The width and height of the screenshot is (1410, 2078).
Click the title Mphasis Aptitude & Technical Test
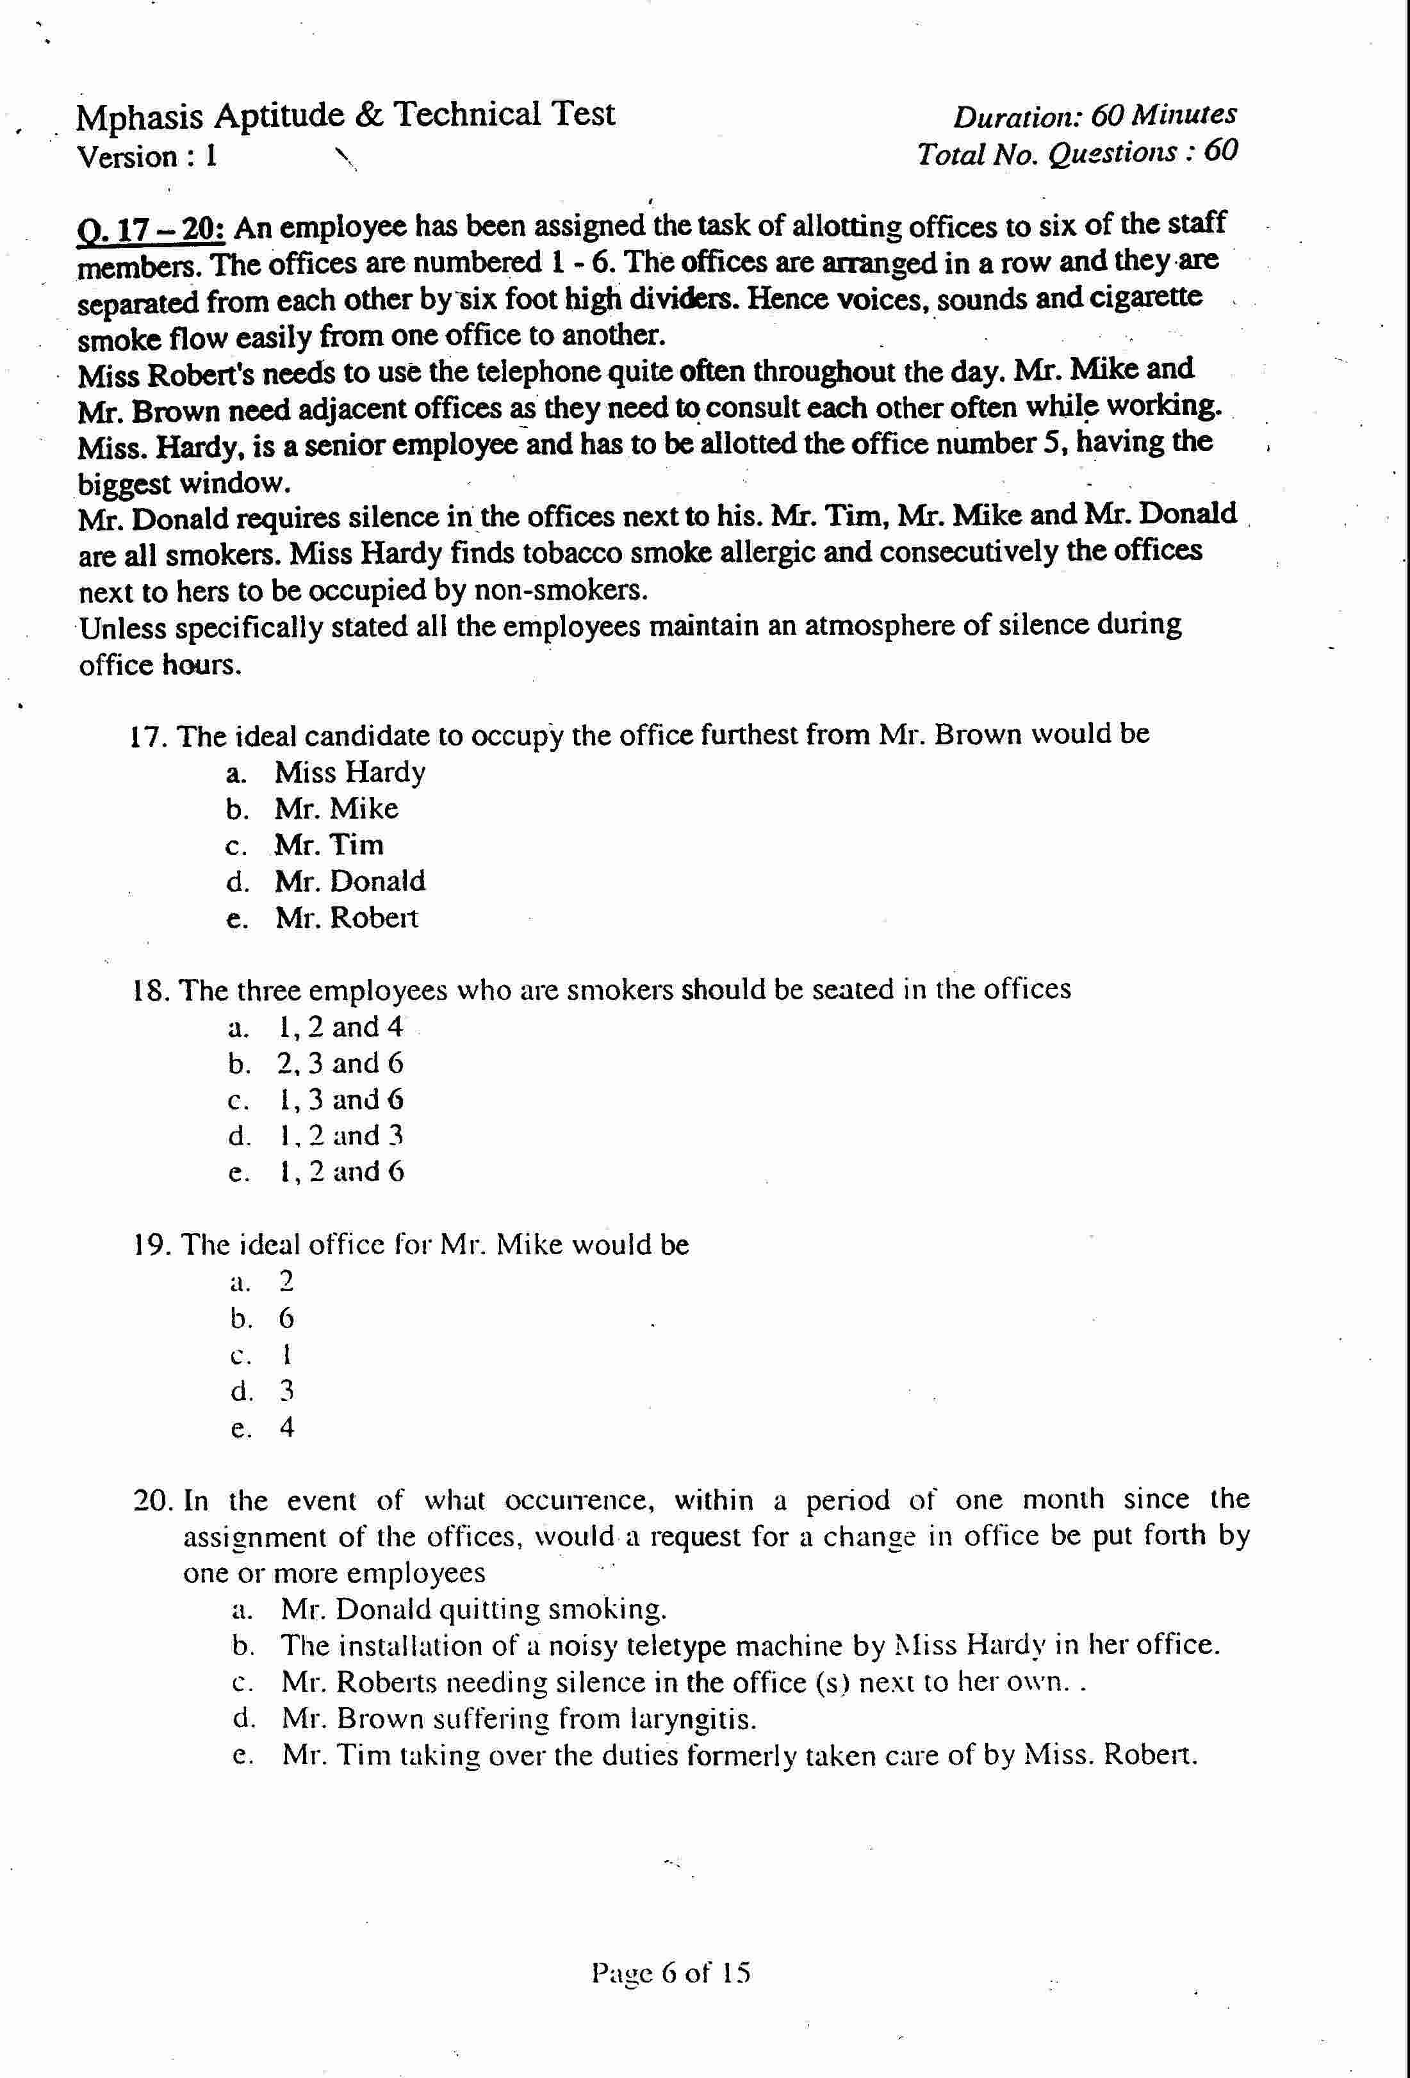pyautogui.click(x=345, y=115)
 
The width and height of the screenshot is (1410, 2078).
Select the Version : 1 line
pyautogui.click(x=147, y=158)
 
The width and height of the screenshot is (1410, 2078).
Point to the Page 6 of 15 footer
pyautogui.click(x=671, y=1972)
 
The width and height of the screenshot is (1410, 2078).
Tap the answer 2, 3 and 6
pyautogui.click(x=340, y=1063)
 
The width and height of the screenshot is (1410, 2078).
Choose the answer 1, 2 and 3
pyautogui.click(x=340, y=1136)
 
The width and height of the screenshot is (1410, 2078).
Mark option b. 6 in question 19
pyautogui.click(x=286, y=1318)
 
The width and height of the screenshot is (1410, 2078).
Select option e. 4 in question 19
pyautogui.click(x=286, y=1427)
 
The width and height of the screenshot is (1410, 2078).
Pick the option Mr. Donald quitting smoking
pyautogui.click(x=473, y=1610)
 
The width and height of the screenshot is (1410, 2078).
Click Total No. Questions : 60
pyautogui.click(x=1076, y=154)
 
